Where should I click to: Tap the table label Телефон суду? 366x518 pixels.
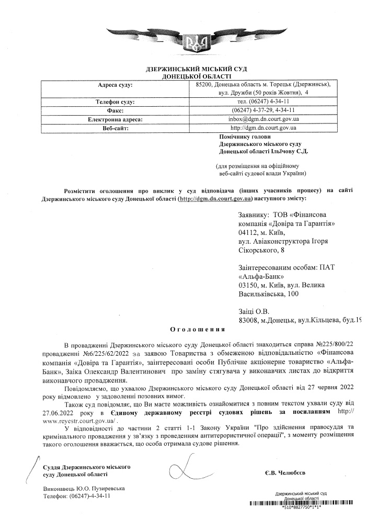pos(116,101)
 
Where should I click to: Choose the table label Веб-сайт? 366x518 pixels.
pos(116,127)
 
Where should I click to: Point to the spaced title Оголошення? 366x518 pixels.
pos(198,330)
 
